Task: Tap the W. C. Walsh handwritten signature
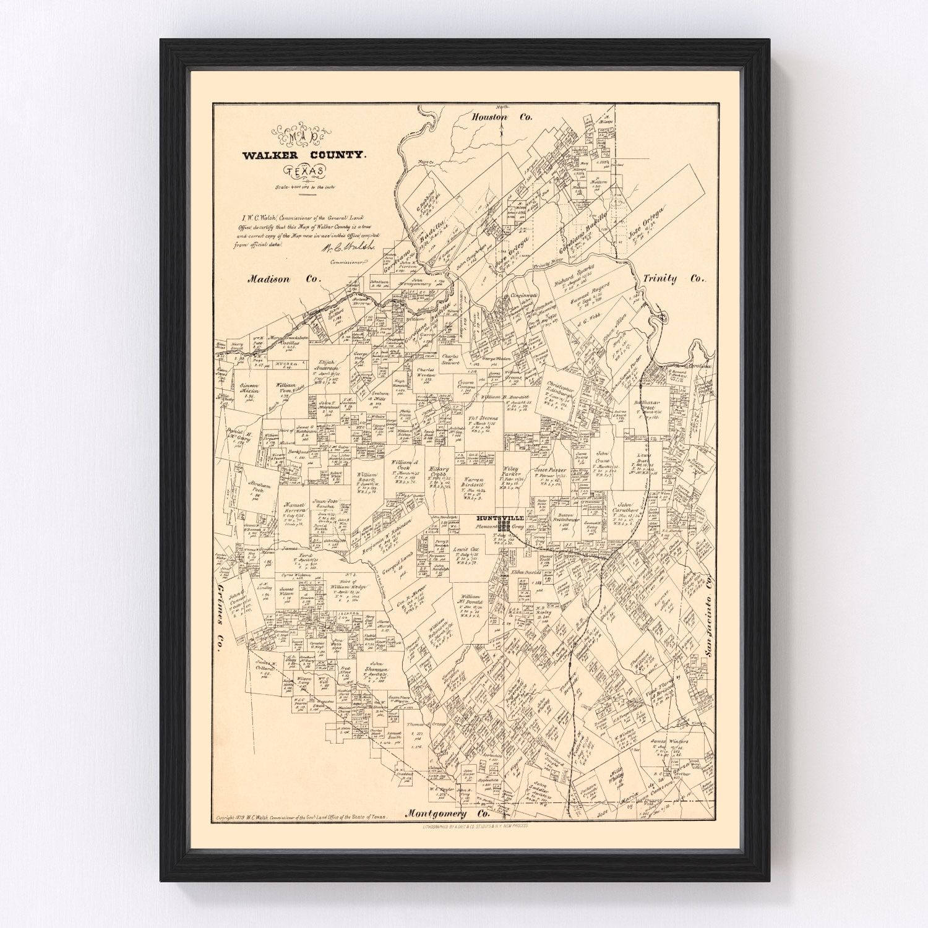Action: point(339,248)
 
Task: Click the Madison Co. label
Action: point(285,279)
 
